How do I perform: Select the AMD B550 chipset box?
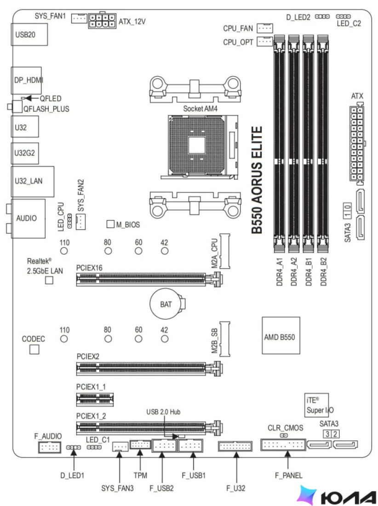pos(281,335)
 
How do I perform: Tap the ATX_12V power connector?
pos(102,21)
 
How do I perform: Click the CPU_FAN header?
pos(265,28)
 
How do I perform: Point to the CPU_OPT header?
pos(265,41)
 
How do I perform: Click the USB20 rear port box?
pos(29,34)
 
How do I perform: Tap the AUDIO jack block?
pos(28,218)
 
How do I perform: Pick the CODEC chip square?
pos(34,349)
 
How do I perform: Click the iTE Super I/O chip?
pos(317,405)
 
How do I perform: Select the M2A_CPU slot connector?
pos(225,251)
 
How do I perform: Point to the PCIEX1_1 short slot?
pos(95,399)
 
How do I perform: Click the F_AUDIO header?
pos(49,447)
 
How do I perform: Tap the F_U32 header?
pos(235,446)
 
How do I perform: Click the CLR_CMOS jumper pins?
pos(284,435)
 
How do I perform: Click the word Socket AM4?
pos(200,109)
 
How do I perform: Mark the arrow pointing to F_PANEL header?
pos(288,461)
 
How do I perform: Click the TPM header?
pos(140,445)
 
